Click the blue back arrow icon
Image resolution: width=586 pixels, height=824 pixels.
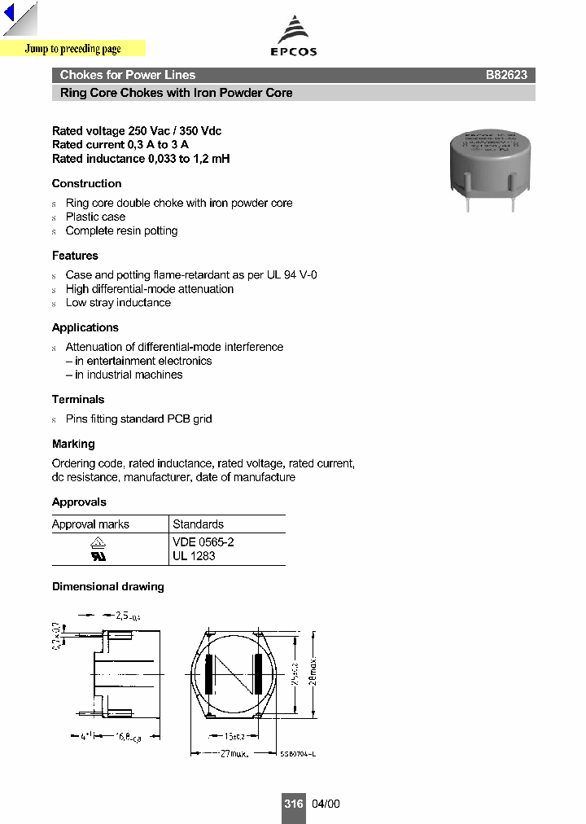(x=10, y=14)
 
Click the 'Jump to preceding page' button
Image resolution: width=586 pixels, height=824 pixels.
(x=72, y=49)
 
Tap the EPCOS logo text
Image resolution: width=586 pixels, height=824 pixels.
(x=293, y=51)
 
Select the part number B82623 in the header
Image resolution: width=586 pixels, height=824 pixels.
(x=506, y=75)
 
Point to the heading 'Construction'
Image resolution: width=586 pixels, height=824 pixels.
(x=86, y=184)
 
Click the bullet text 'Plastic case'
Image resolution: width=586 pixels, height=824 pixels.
(x=95, y=217)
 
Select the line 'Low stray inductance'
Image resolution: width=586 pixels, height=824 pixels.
(x=118, y=303)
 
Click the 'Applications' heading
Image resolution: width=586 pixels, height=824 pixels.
(x=85, y=328)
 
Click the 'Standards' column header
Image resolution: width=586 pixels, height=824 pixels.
(x=198, y=524)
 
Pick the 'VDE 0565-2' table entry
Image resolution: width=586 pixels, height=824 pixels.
(x=203, y=542)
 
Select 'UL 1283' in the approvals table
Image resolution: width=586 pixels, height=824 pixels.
(x=194, y=556)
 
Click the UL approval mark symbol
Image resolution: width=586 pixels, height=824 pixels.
(x=98, y=557)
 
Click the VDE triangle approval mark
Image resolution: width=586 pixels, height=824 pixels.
(x=98, y=542)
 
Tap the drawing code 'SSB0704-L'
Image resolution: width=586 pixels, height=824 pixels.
(x=297, y=754)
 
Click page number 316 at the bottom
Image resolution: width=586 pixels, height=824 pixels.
(x=293, y=804)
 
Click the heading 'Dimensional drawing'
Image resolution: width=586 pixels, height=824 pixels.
(x=107, y=587)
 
